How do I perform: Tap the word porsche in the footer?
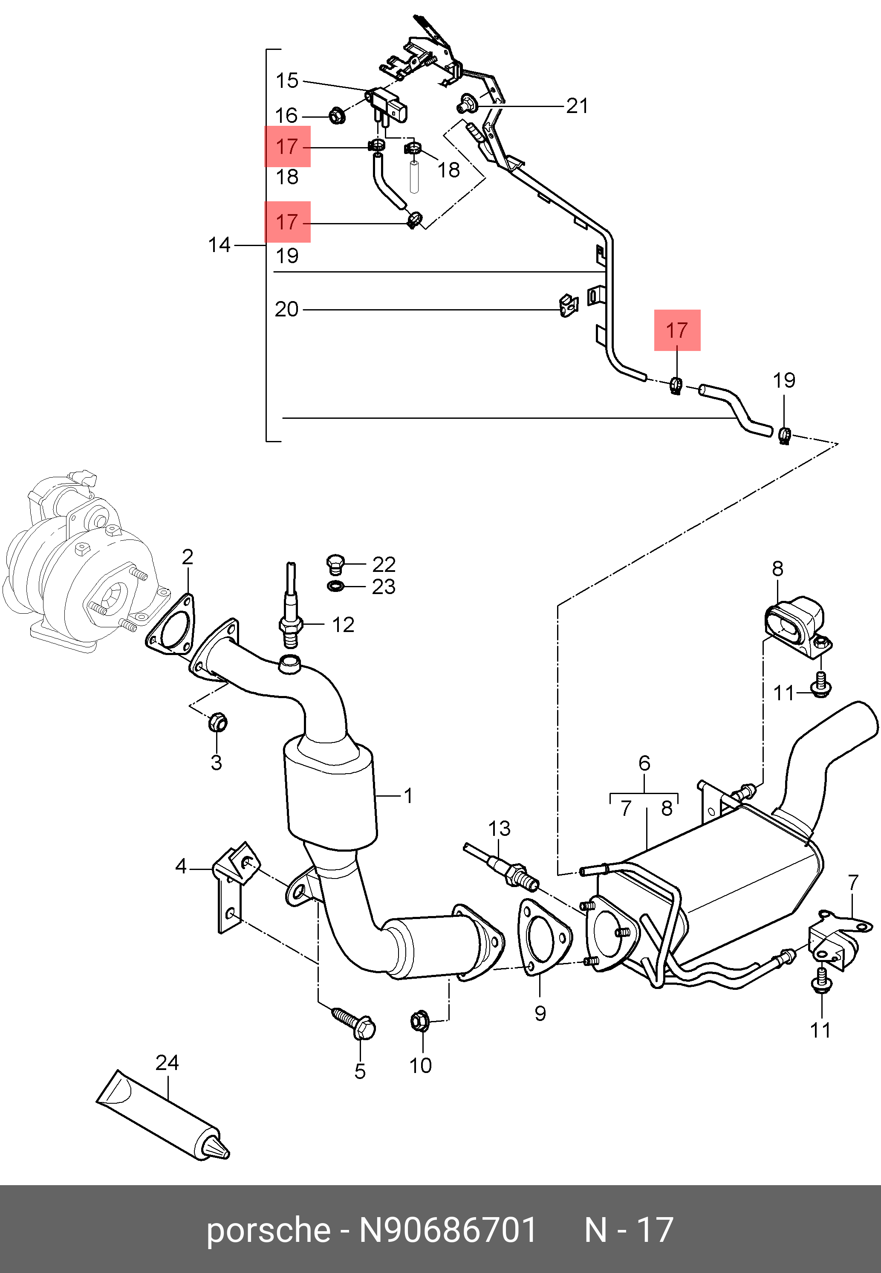point(268,1230)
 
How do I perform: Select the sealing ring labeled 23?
point(335,586)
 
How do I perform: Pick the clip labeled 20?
point(566,306)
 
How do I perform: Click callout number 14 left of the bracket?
point(219,245)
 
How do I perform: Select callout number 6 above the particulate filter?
point(644,764)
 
